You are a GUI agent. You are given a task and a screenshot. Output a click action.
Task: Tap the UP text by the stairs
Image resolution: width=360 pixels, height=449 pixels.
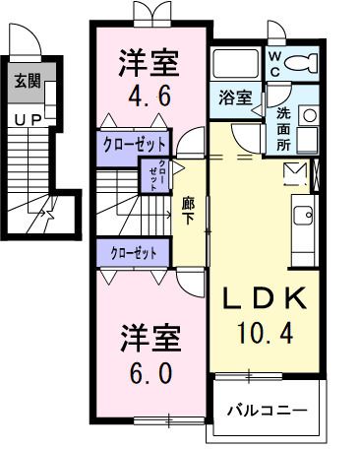click(26, 120)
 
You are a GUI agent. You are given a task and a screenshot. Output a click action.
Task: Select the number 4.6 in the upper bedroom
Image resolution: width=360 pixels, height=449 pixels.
click(150, 97)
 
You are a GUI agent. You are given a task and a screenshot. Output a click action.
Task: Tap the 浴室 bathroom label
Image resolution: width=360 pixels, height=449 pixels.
click(233, 98)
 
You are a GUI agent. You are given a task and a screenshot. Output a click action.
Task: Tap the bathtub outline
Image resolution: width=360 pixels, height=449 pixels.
click(235, 65)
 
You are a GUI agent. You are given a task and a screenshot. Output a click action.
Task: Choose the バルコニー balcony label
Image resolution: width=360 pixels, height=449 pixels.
click(268, 409)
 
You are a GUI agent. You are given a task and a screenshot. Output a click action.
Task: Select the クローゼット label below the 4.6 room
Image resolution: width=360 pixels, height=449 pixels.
click(134, 144)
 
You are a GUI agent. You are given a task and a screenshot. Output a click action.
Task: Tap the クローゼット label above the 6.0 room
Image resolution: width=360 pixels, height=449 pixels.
click(134, 253)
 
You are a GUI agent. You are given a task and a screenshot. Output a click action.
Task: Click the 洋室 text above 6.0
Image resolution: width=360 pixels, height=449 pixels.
click(150, 338)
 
